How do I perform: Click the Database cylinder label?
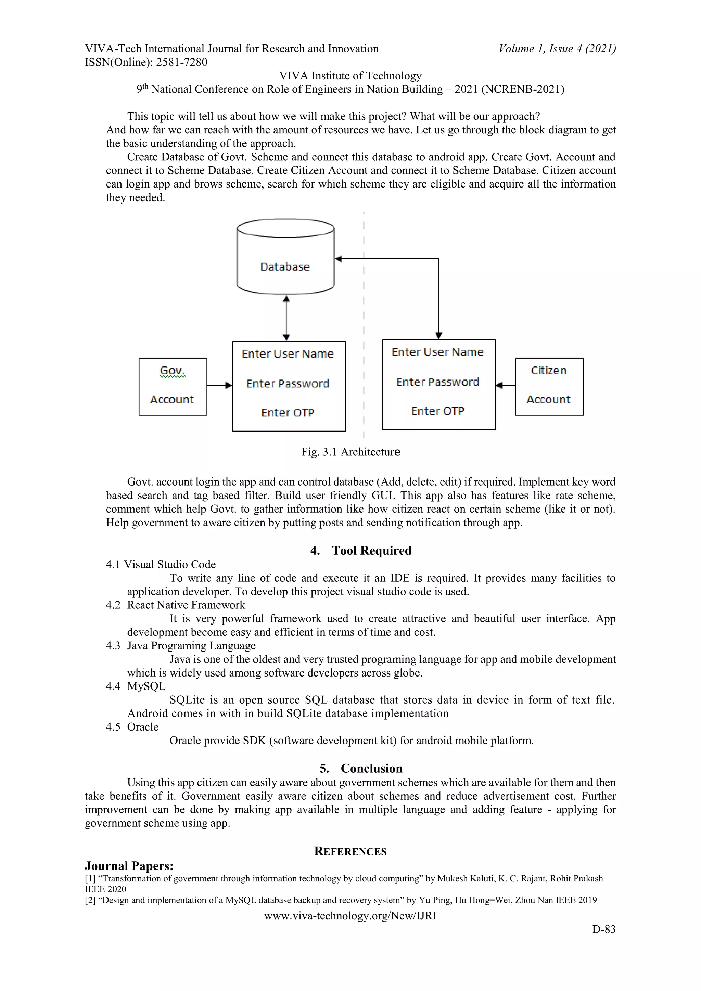pyautogui.click(x=285, y=267)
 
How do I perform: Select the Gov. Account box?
pyautogui.click(x=173, y=386)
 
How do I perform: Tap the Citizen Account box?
pyautogui.click(x=549, y=386)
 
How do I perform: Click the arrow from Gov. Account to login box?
pyautogui.click(x=219, y=385)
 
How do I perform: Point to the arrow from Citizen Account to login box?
pyautogui.click(x=505, y=385)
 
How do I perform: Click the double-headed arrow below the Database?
pyautogui.click(x=286, y=318)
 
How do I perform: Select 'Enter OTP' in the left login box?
pyautogui.click(x=288, y=413)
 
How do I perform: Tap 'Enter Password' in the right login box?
pyautogui.click(x=438, y=382)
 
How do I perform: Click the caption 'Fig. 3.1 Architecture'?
pyautogui.click(x=350, y=452)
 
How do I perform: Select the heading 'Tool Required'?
pyautogui.click(x=371, y=550)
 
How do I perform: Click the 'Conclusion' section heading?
pyautogui.click(x=371, y=768)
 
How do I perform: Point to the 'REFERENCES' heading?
pyautogui.click(x=350, y=851)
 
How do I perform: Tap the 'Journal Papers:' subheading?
pyautogui.click(x=129, y=866)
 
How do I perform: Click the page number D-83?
pyautogui.click(x=603, y=929)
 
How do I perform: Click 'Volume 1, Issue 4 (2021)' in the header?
pyautogui.click(x=557, y=49)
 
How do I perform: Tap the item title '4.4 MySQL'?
pyautogui.click(x=136, y=686)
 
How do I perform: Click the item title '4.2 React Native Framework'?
pyautogui.click(x=176, y=605)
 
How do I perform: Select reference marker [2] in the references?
pyautogui.click(x=90, y=900)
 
